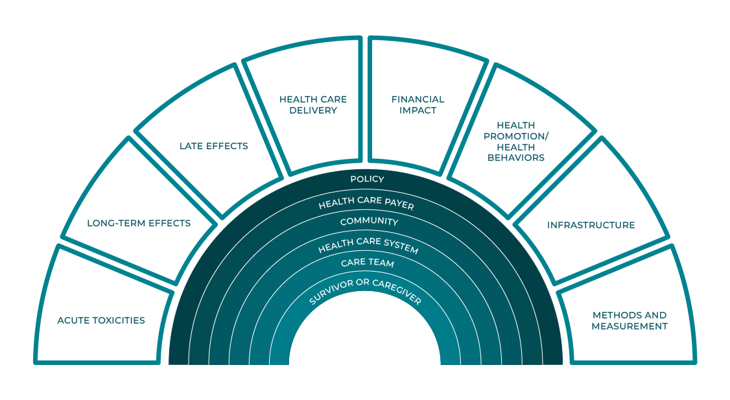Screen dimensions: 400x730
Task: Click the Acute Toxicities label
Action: pyautogui.click(x=101, y=320)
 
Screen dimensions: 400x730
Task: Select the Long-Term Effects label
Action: pyautogui.click(x=139, y=223)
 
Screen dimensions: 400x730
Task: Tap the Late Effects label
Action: pyautogui.click(x=213, y=146)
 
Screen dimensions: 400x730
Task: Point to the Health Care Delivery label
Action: pyautogui.click(x=313, y=105)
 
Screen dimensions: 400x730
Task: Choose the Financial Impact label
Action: pyautogui.click(x=418, y=105)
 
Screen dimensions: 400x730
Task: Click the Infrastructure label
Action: pyautogui.click(x=591, y=225)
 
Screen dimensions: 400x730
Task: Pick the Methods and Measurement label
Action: pyautogui.click(x=630, y=321)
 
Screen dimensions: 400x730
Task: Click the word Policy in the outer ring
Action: pyautogui.click(x=367, y=179)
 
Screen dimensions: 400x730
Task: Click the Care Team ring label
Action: pyautogui.click(x=368, y=263)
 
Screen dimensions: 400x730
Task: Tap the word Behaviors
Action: pyautogui.click(x=521, y=158)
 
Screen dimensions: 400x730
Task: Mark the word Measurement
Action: pyautogui.click(x=630, y=326)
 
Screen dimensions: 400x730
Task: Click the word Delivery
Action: pyautogui.click(x=313, y=110)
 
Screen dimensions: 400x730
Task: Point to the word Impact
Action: pyautogui.click(x=418, y=110)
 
